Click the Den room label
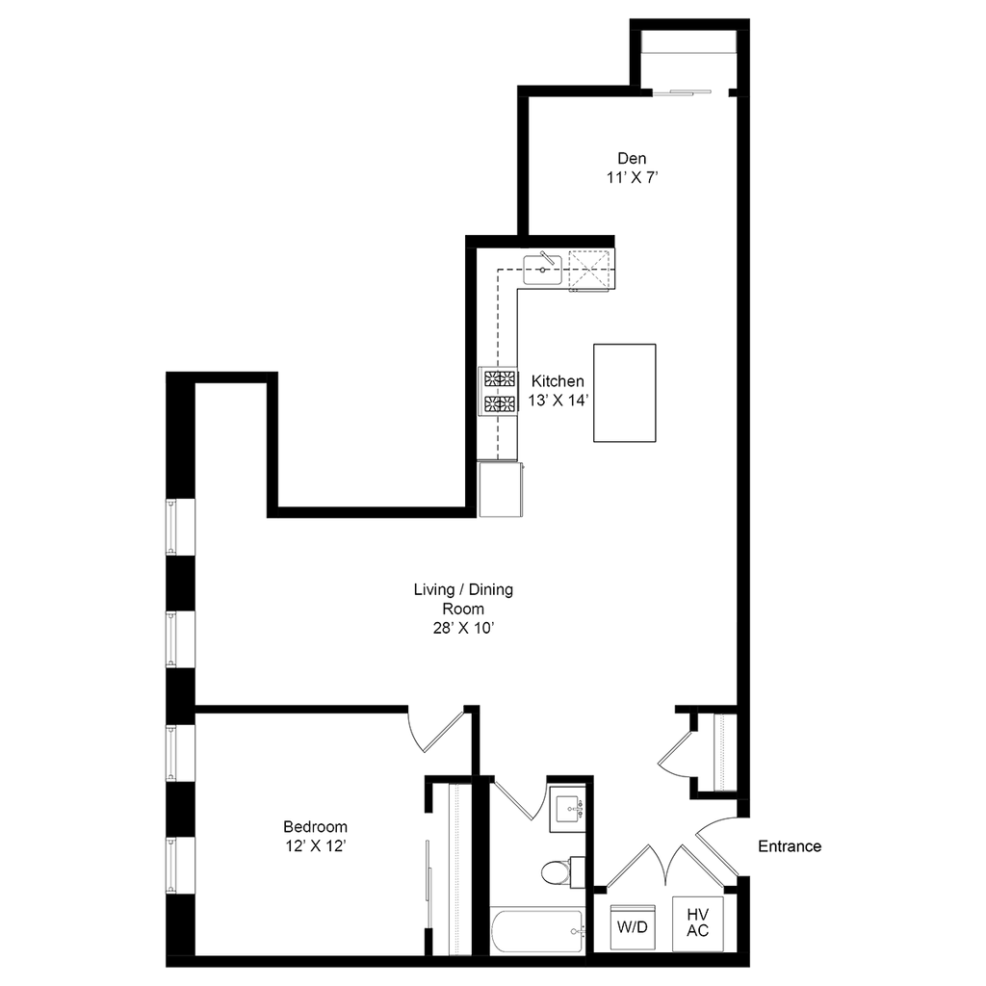pos(630,158)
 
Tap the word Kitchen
pos(558,381)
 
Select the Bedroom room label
pos(316,826)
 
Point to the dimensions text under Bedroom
pos(316,846)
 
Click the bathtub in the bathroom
pos(537,930)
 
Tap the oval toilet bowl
pos(555,873)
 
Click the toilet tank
pos(578,872)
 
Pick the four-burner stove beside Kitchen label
pos(498,391)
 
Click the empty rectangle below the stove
pos(502,489)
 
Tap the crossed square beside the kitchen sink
pos(589,271)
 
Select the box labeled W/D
pos(633,928)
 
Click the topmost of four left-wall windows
pos(171,527)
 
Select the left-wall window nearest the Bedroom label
pos(171,865)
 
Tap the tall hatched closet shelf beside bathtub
pos(460,869)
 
